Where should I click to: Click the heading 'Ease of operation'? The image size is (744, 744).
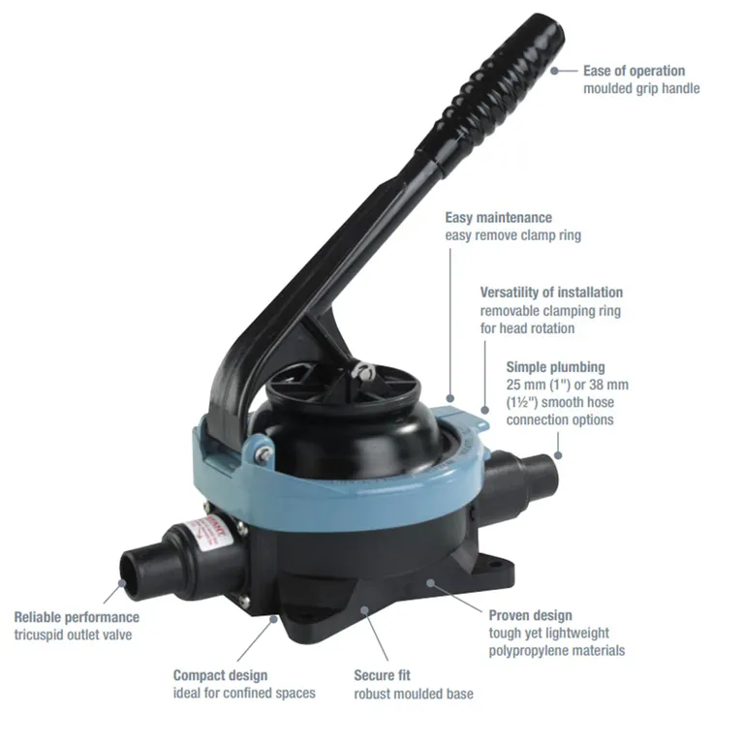point(634,71)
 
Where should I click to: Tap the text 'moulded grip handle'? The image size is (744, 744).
point(641,89)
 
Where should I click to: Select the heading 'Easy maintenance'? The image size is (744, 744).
point(498,218)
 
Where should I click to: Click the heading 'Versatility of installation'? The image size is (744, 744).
point(551,293)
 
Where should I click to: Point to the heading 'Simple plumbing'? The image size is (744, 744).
point(556,367)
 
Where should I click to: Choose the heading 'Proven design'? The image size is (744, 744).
point(531,615)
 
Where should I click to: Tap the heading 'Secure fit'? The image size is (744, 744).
point(382,675)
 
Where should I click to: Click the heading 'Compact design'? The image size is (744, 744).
point(220,675)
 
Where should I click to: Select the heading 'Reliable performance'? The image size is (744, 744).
point(77,617)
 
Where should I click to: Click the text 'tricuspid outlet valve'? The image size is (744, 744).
point(73,635)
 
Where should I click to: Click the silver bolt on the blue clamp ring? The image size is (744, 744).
point(263,452)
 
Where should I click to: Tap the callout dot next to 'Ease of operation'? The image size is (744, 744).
point(555,71)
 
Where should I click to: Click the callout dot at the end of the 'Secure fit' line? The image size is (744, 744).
point(364,609)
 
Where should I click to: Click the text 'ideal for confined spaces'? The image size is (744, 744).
point(244,694)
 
